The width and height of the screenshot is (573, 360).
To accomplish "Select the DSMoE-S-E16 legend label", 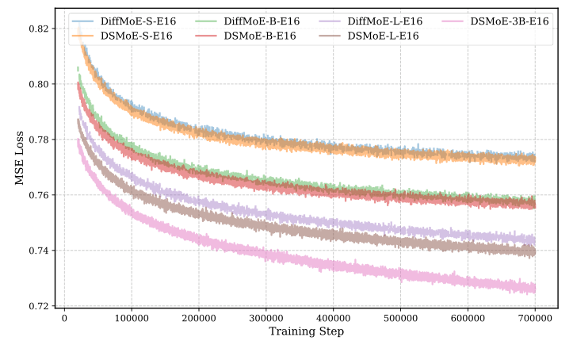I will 135,36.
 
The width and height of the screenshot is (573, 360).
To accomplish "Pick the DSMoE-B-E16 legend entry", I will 257,36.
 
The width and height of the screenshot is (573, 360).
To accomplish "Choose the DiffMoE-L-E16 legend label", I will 381,21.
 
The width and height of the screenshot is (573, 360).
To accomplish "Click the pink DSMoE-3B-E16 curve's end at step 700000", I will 535,288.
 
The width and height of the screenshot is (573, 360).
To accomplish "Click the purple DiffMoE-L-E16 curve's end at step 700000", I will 535,239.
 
